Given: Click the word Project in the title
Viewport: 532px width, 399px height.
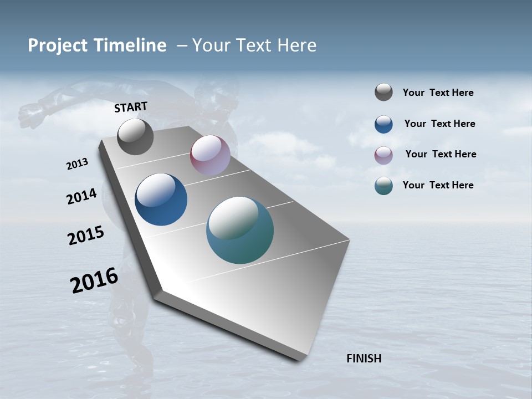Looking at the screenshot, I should (58, 45).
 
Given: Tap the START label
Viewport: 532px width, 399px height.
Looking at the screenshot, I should (131, 107).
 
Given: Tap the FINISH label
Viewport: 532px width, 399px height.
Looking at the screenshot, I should (364, 359).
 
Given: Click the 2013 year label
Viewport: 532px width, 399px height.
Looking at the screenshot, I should (77, 164).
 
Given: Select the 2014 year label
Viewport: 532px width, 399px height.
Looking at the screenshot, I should (81, 196).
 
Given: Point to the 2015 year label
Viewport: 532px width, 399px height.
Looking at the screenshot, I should (86, 236).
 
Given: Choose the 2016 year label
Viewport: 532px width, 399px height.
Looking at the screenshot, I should (94, 280).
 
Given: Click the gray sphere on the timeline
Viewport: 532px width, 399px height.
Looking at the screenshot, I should (135, 136).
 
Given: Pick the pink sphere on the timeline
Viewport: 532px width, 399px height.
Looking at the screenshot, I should (210, 155).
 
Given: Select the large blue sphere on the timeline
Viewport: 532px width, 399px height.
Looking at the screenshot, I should (161, 199).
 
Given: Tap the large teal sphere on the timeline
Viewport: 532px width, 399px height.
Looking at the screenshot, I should (240, 230).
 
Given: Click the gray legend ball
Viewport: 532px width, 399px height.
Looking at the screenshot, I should (383, 92).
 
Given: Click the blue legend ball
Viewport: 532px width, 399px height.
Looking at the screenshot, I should (383, 124).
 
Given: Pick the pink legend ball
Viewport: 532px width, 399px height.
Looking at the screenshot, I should (383, 155).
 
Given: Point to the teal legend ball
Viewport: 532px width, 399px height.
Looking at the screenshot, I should (383, 186).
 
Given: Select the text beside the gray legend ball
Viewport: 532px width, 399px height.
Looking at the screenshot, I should (438, 93).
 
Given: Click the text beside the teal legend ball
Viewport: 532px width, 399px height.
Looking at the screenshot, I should (438, 185).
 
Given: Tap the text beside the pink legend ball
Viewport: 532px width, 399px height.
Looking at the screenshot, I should (441, 154).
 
